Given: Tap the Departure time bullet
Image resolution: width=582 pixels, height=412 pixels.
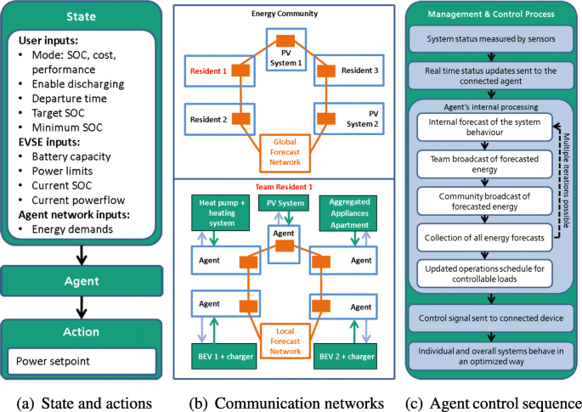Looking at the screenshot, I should pyautogui.click(x=70, y=99).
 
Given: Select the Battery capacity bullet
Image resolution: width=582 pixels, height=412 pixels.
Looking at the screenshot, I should pyautogui.click(x=74, y=156).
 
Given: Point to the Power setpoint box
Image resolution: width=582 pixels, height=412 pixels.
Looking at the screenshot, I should pyautogui.click(x=82, y=362).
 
